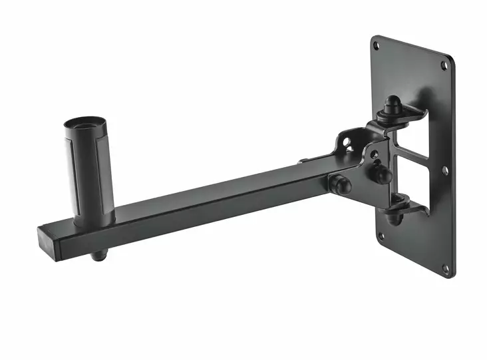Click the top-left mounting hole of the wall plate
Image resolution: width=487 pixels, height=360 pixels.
(377, 46)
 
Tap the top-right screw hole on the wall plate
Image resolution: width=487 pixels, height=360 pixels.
(445, 65)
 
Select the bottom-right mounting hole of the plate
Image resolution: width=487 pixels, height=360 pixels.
(445, 268)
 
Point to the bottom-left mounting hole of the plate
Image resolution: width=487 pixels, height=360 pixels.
(380, 236)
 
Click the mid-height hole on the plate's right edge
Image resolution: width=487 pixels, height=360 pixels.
(445, 170)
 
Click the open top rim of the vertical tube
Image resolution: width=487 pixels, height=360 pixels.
(81, 124)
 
